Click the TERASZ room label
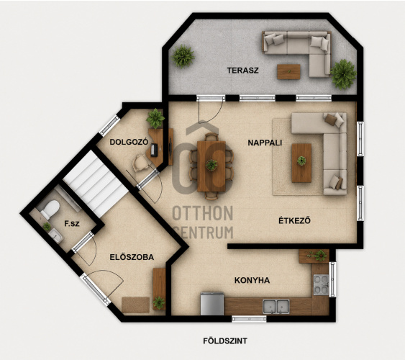point(243,71)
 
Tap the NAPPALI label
point(265,143)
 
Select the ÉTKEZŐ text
point(294,220)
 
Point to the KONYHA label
point(252,280)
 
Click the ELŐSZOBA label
point(132,257)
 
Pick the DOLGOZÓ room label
point(129,142)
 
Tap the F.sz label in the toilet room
point(72,224)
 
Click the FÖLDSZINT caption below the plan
point(225,341)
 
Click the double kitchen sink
point(276,307)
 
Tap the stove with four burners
point(322,285)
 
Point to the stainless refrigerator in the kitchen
point(212,304)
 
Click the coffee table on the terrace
point(288,71)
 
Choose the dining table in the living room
point(211,166)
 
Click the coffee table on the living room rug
point(301,163)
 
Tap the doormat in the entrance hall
point(136,305)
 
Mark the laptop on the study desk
point(155,150)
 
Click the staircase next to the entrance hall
point(96,184)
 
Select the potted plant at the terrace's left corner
point(183,56)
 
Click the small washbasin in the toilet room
point(56,235)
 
